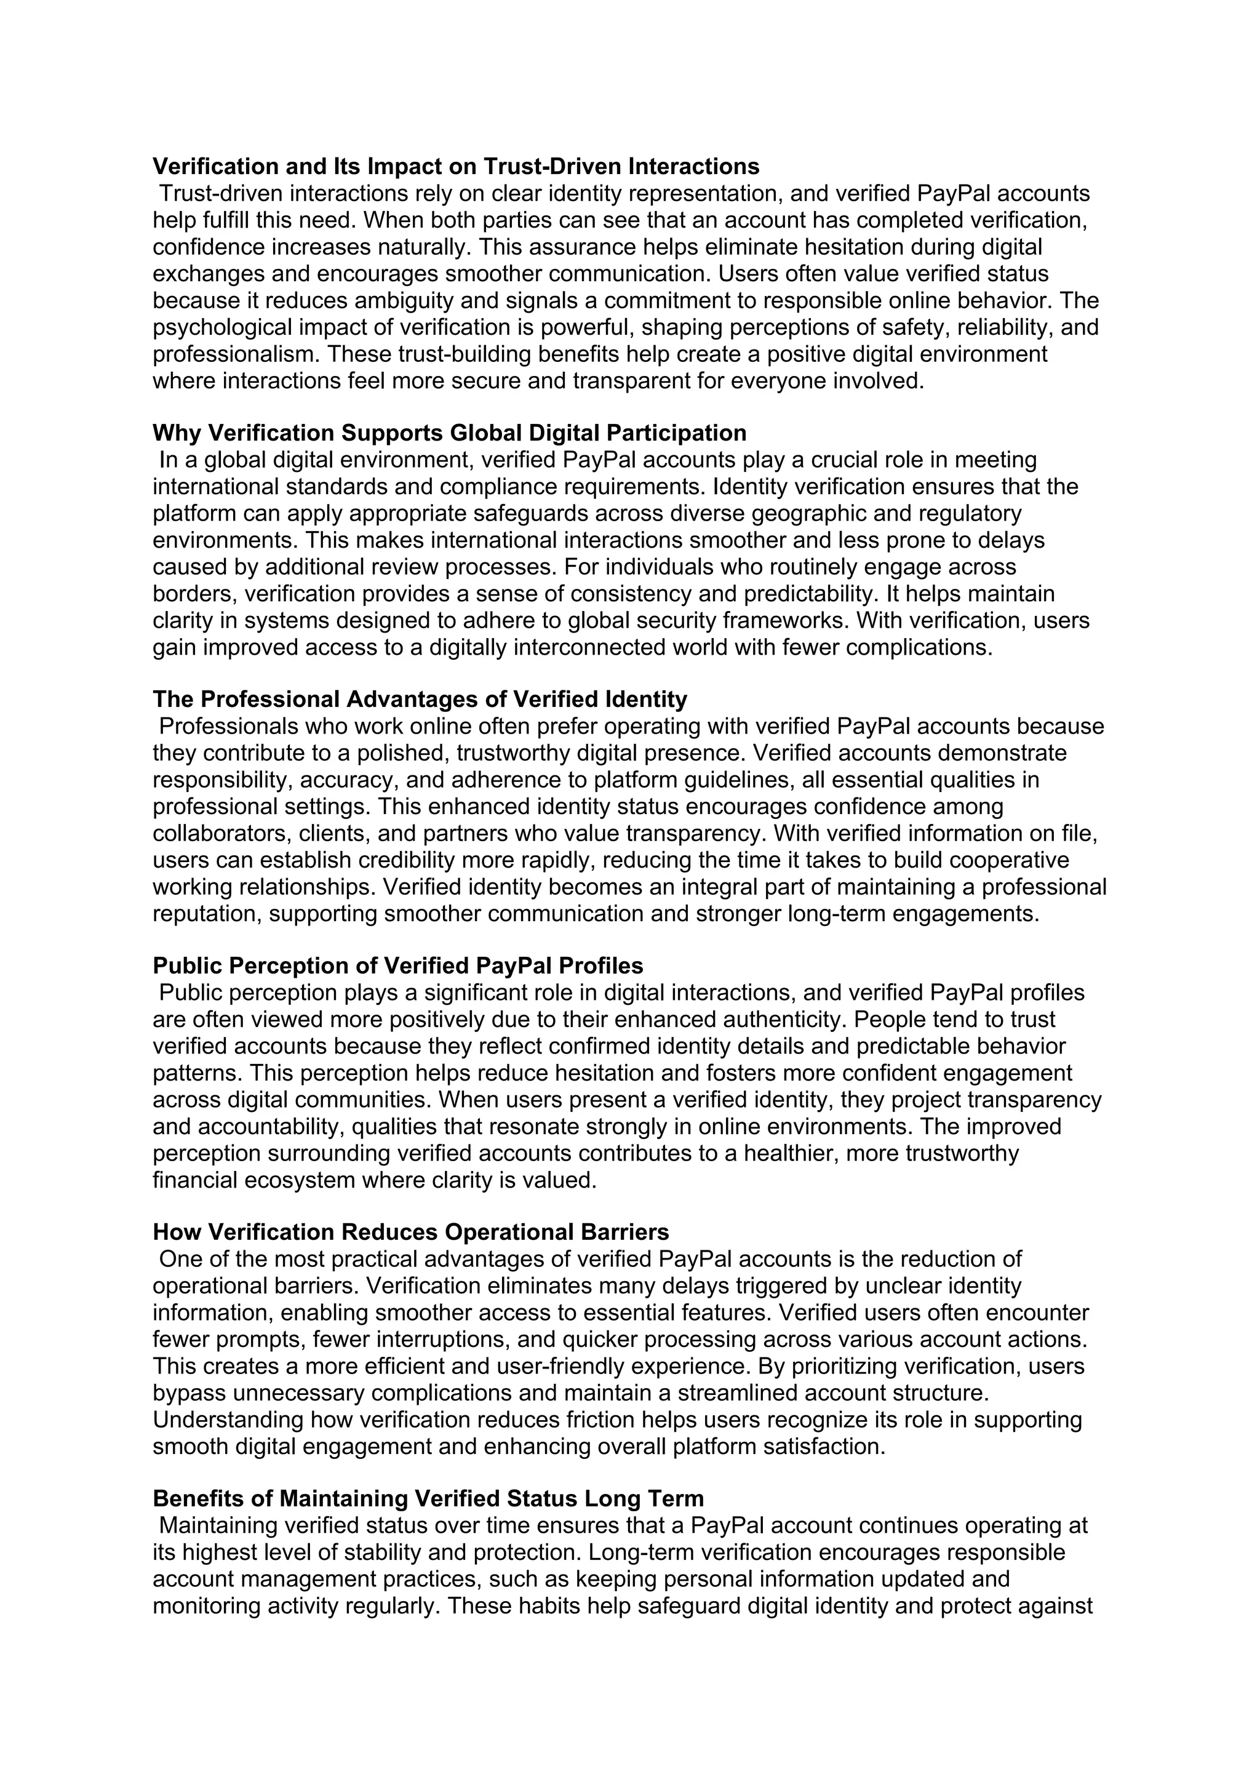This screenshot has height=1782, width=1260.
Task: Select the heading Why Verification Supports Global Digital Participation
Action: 449,433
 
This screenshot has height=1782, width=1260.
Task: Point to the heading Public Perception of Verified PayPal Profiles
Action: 398,965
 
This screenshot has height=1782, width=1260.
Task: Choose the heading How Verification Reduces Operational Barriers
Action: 410,1232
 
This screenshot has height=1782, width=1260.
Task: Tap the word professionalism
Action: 236,354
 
